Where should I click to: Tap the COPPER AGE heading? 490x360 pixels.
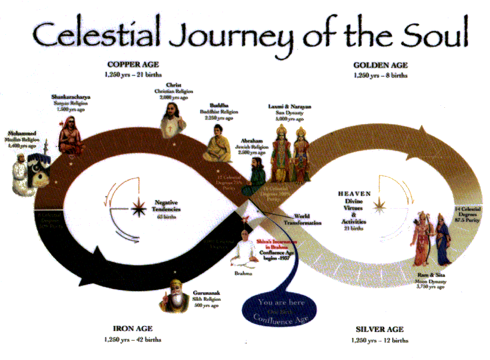(x=133, y=64)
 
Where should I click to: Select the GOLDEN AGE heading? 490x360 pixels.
(x=380, y=65)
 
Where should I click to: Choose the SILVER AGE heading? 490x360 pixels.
(x=380, y=329)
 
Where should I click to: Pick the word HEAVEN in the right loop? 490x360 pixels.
(x=354, y=194)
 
